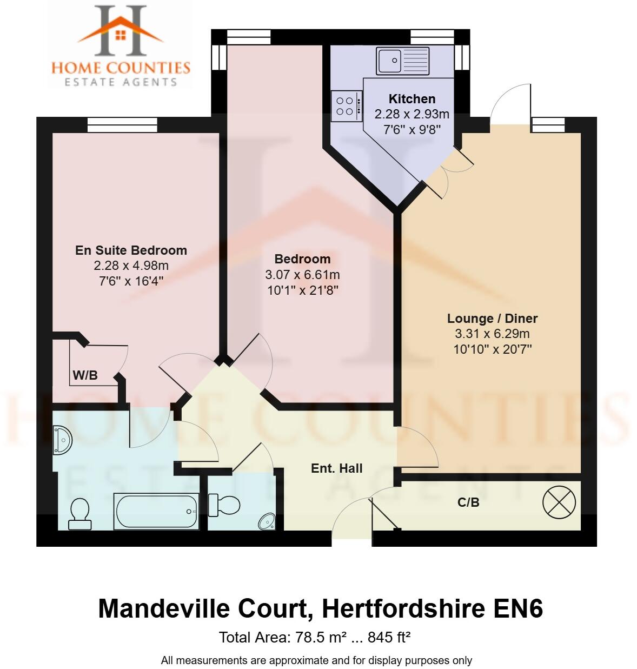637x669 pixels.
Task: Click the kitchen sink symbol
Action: pyautogui.click(x=403, y=61)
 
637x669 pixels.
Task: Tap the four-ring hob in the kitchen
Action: pyautogui.click(x=345, y=105)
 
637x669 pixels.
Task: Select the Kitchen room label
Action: pyautogui.click(x=412, y=99)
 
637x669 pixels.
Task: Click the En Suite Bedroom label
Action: pyautogui.click(x=131, y=250)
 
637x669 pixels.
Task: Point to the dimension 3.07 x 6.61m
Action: pyautogui.click(x=302, y=275)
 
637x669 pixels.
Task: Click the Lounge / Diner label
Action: pyautogui.click(x=492, y=319)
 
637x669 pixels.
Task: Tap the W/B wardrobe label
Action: pyautogui.click(x=85, y=375)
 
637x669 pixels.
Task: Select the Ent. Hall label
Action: pyautogui.click(x=336, y=468)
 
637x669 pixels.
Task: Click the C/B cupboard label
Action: pyautogui.click(x=468, y=502)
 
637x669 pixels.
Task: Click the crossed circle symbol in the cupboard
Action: pyautogui.click(x=559, y=502)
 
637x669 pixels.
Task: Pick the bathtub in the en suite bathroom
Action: pyautogui.click(x=156, y=511)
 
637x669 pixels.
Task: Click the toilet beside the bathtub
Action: pyautogui.click(x=80, y=513)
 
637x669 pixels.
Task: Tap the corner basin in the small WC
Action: pyautogui.click(x=268, y=521)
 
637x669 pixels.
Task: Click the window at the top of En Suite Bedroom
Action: pyautogui.click(x=123, y=125)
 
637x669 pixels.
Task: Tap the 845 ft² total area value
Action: pyautogui.click(x=389, y=638)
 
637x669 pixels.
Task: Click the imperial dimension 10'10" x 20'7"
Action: pyautogui.click(x=492, y=349)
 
